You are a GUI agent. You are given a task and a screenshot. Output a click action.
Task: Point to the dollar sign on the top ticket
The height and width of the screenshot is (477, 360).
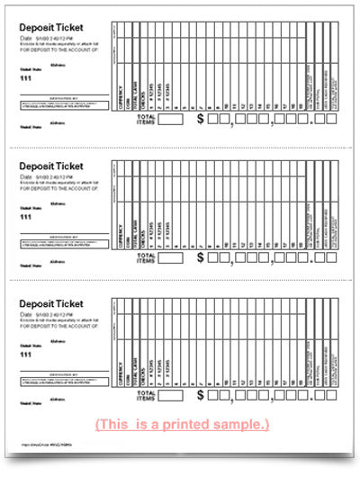click(200, 119)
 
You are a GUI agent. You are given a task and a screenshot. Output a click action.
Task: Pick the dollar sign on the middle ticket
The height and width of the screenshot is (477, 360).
click(200, 256)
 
